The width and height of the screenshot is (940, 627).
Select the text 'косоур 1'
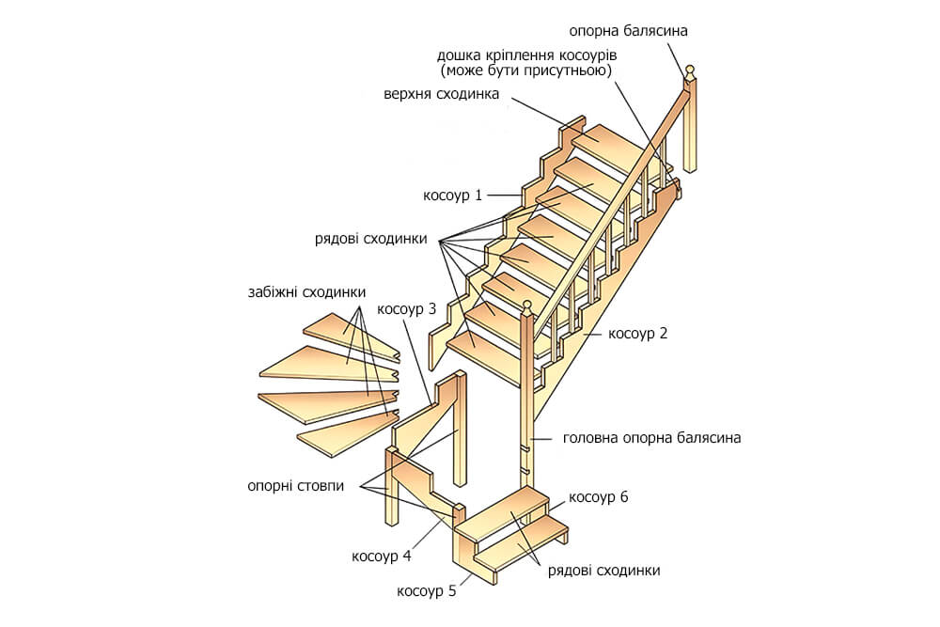tap(452, 196)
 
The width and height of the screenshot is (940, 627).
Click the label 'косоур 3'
tap(406, 308)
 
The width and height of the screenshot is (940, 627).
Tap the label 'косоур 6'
tap(598, 497)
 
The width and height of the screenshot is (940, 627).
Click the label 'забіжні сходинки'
tap(301, 291)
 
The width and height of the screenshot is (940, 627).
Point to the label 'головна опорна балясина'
tap(651, 437)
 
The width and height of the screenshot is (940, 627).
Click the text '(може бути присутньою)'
tap(526, 71)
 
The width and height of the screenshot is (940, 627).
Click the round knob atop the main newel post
tap(527, 306)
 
